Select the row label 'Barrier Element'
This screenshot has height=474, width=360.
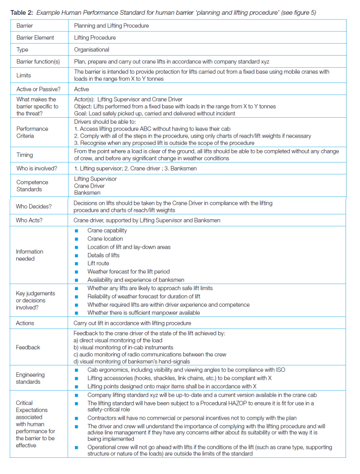point(35,38)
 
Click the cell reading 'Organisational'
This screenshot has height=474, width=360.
point(91,50)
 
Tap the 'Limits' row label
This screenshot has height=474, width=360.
point(24,75)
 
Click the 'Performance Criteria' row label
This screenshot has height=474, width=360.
point(32,132)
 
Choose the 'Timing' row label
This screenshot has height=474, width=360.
point(25,155)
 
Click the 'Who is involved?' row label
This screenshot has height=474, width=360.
point(37,168)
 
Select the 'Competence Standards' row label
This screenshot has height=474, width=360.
point(29,186)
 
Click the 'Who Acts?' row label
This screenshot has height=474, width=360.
point(29,220)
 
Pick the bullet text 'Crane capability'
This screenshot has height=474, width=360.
point(107,230)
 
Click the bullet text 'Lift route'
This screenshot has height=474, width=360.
point(98,263)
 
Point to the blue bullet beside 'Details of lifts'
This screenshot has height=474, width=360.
point(76,255)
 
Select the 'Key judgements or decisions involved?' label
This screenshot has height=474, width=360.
point(35,300)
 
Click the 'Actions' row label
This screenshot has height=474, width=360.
point(25,323)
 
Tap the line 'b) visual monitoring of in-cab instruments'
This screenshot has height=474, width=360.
point(124,347)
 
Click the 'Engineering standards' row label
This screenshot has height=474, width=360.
point(31,378)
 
